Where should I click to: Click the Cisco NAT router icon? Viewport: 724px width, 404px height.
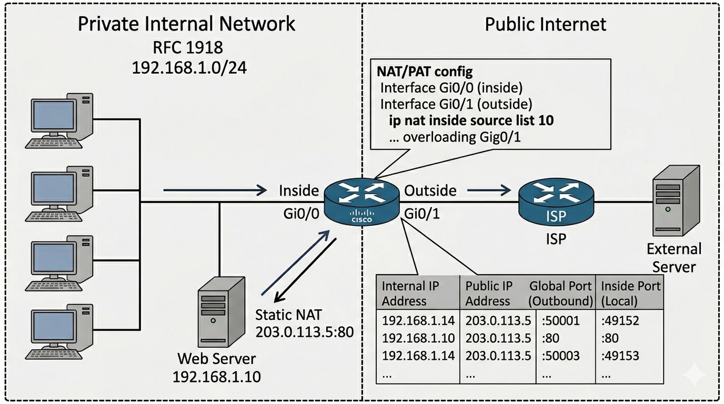362,201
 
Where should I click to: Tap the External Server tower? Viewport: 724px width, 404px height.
676,201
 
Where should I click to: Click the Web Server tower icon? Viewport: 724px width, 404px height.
221,312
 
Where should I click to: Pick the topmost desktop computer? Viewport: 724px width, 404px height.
59,121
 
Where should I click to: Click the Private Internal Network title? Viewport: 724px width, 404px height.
186,24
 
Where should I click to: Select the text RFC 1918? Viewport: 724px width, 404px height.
188,48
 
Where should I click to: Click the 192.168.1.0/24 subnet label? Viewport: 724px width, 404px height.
189,68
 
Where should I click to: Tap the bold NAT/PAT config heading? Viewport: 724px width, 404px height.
424,71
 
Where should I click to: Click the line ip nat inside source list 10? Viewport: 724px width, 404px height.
471,120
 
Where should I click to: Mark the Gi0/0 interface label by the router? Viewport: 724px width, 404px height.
301,214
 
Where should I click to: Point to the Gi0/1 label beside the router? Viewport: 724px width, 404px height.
422,214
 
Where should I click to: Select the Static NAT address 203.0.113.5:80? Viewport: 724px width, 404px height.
305,332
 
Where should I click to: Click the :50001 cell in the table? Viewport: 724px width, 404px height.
561,321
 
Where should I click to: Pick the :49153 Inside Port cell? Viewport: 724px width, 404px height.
620,356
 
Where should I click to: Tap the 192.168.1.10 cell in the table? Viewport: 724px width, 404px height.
418,338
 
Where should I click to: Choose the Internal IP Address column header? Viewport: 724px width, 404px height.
410,293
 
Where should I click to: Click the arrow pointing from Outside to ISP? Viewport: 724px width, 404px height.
489,190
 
